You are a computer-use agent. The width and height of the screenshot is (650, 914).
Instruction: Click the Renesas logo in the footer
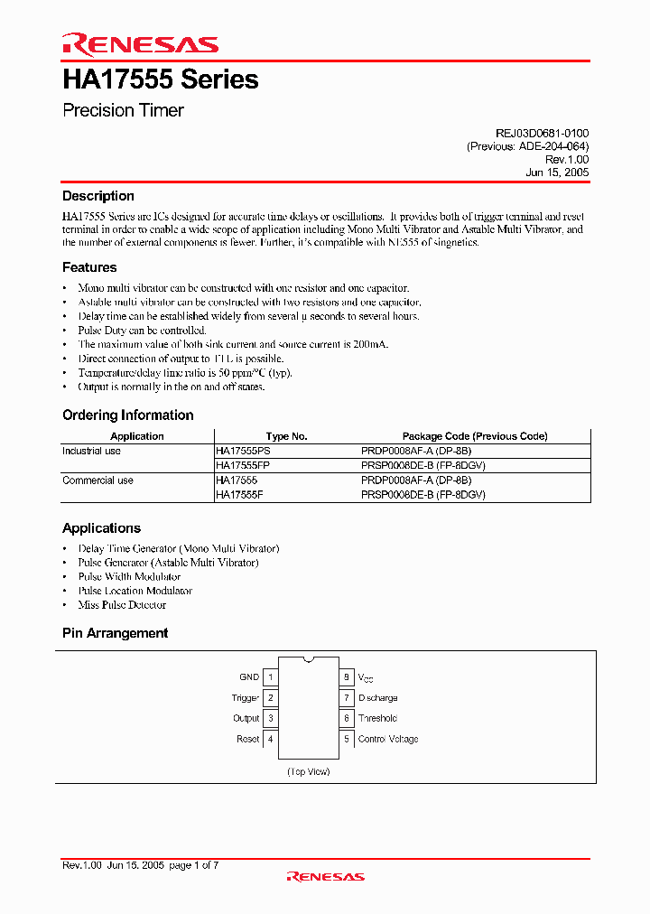point(325,876)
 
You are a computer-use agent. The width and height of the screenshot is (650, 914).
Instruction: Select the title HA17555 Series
point(161,79)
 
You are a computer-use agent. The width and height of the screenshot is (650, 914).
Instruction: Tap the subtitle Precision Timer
point(123,111)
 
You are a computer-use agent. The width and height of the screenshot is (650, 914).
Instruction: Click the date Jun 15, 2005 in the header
point(557,172)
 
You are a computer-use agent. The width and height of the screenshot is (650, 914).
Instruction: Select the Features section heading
point(89,267)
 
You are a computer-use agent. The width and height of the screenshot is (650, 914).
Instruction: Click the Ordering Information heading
point(127,415)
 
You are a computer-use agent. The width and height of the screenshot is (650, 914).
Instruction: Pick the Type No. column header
point(286,436)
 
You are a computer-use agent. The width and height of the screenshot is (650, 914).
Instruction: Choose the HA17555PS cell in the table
point(243,451)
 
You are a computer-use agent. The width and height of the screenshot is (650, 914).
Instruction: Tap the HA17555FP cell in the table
point(243,465)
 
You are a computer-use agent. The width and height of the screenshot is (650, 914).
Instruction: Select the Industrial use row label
point(91,451)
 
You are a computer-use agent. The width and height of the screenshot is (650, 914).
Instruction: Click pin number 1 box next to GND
point(271,676)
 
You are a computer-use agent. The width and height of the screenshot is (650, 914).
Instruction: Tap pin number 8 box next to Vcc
point(346,676)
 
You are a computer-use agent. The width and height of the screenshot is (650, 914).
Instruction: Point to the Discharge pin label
point(377,698)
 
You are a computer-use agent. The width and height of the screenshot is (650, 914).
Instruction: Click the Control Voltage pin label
point(388,739)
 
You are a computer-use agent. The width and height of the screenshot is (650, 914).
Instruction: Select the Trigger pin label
point(245,698)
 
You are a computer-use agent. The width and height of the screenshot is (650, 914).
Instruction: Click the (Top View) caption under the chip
point(308,771)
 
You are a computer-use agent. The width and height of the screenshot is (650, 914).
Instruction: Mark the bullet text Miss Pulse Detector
point(122,605)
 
